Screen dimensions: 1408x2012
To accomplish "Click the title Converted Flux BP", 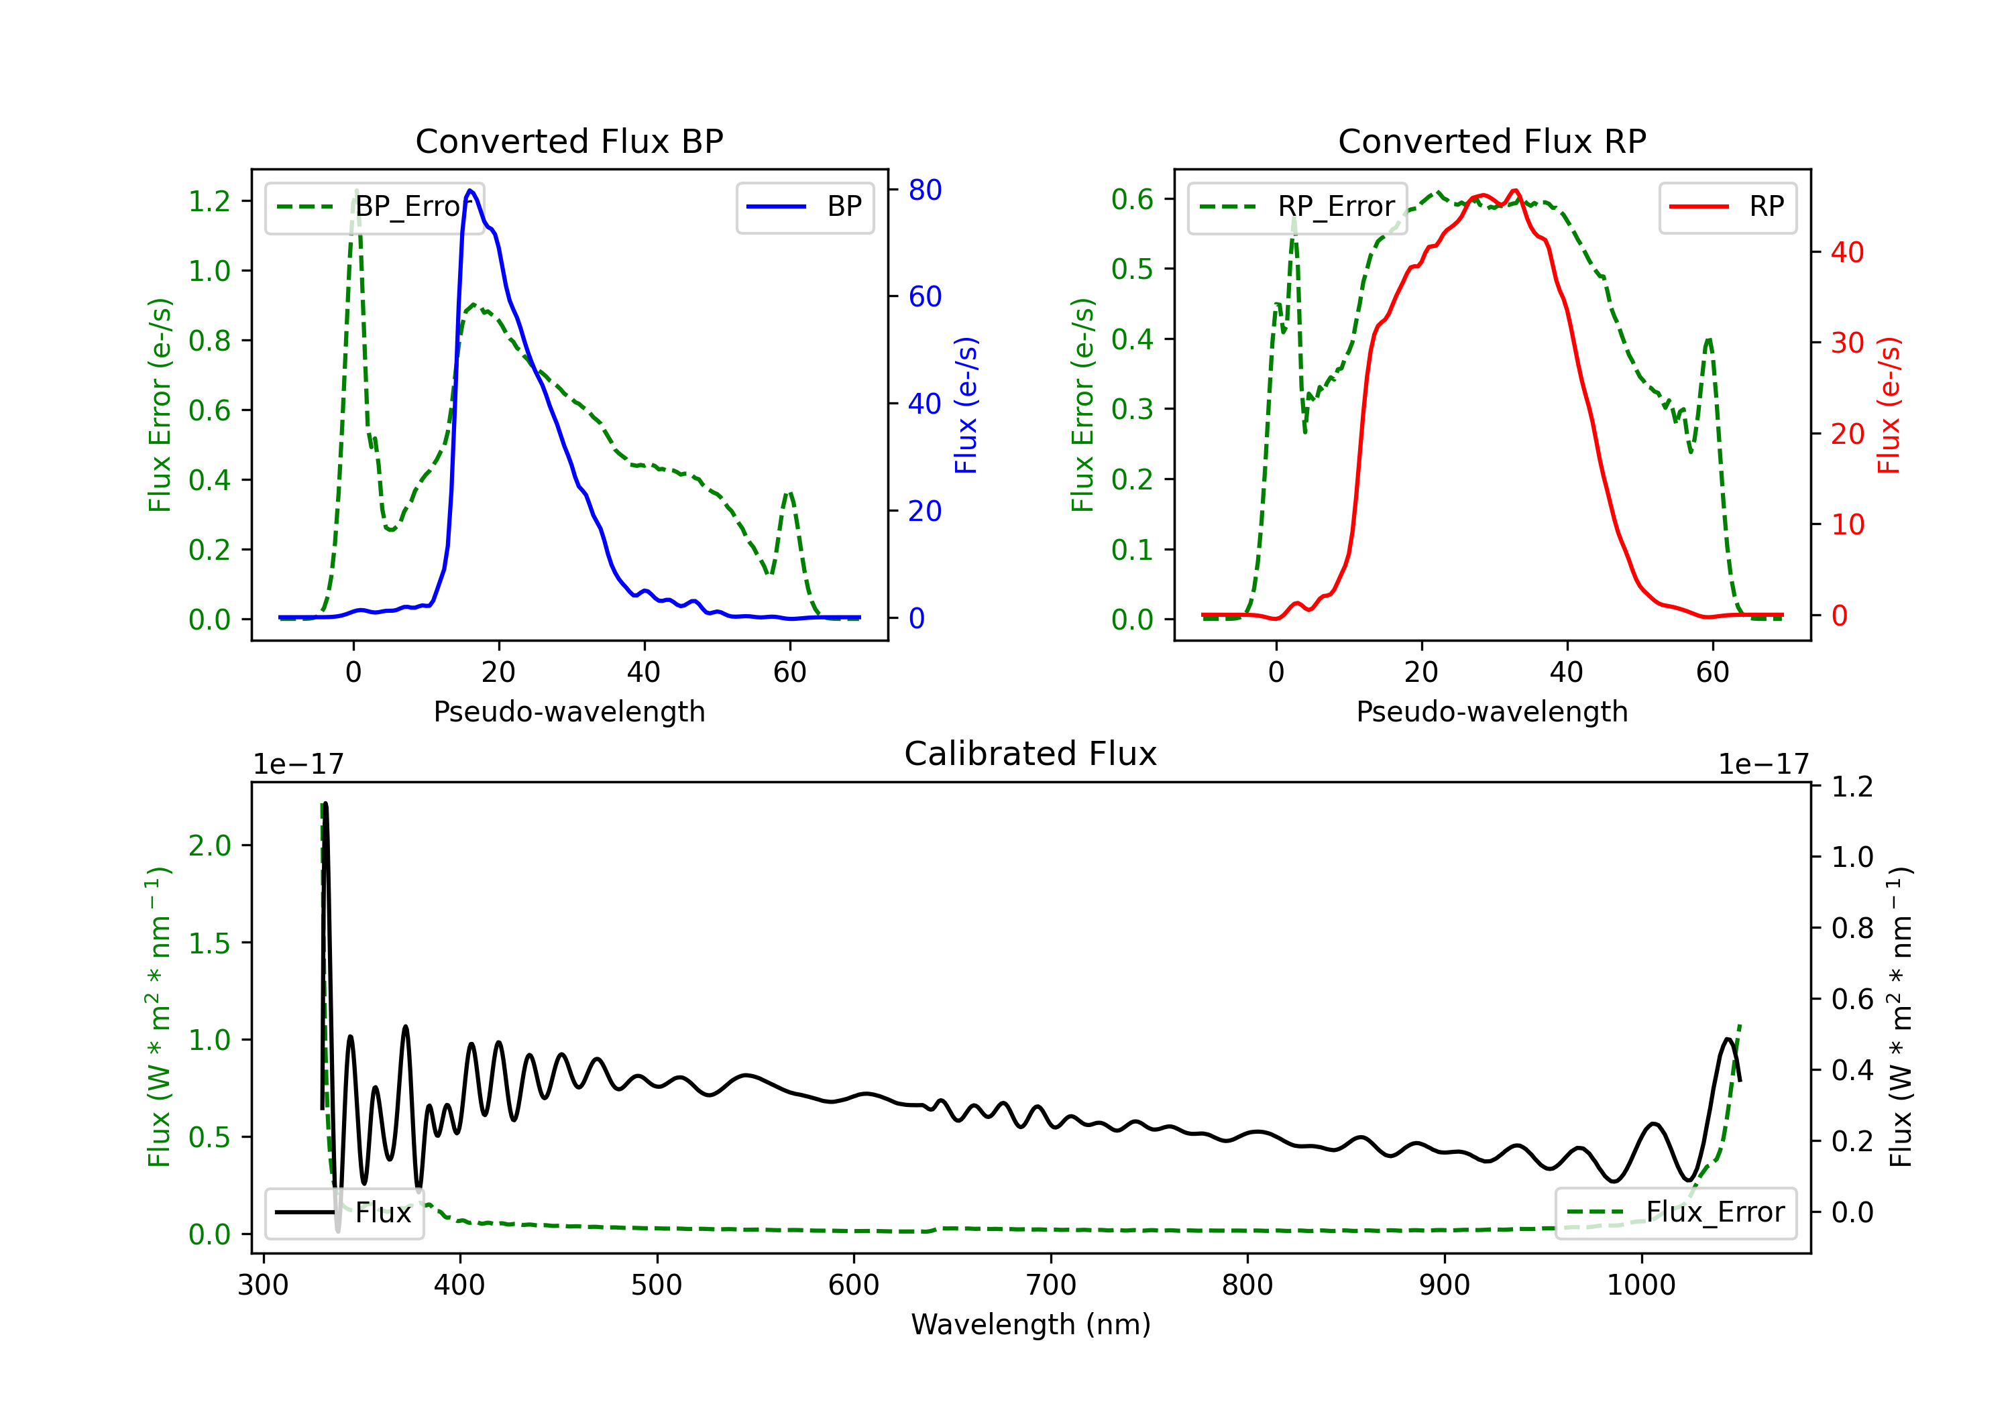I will [x=569, y=141].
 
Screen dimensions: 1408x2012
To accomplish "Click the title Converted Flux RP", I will [x=1492, y=141].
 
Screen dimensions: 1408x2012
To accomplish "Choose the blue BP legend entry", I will [x=804, y=207].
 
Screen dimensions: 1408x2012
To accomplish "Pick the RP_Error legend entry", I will [x=1297, y=207].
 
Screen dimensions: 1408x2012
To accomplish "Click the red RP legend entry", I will [x=1727, y=207].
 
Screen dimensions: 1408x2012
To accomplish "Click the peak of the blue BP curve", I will [x=471, y=191].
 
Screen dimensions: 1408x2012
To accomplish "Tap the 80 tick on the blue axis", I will [x=924, y=190].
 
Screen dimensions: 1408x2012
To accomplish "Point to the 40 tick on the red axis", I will [x=1847, y=252].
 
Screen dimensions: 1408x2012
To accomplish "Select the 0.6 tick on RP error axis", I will [x=1132, y=199].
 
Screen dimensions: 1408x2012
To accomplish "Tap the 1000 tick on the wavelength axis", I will [x=1640, y=1285].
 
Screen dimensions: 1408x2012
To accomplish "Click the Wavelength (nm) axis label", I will [x=1031, y=1324].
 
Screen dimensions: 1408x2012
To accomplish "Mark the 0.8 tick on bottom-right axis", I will [x=1852, y=928].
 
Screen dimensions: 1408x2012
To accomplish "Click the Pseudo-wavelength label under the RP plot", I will [x=1492, y=711].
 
